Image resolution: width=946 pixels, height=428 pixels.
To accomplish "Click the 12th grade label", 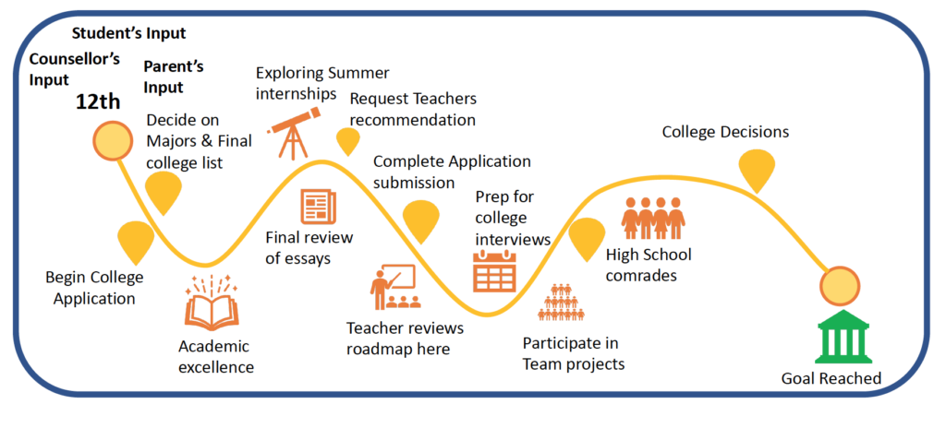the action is coord(98,101).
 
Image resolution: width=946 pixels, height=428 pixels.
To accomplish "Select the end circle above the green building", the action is coord(839,285).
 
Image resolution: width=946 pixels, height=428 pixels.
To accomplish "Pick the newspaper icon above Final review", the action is coord(318,207).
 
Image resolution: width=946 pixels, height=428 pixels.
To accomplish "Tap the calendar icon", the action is coord(495,271).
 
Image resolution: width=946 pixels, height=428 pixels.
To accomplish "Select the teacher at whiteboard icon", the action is coord(392,287).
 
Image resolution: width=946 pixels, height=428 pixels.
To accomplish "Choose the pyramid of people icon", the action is coord(563,302).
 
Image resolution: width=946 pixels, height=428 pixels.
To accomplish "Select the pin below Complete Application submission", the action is coord(421,221).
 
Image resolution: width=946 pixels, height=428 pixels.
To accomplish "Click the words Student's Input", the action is coord(129,34).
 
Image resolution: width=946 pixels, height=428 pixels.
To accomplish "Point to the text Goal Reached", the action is coord(831,378).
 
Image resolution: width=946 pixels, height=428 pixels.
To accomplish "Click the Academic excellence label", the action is coord(216,356).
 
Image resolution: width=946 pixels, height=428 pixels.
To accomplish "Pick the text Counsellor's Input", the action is coord(75,69).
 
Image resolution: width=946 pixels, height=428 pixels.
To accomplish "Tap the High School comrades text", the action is coord(649,265).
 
